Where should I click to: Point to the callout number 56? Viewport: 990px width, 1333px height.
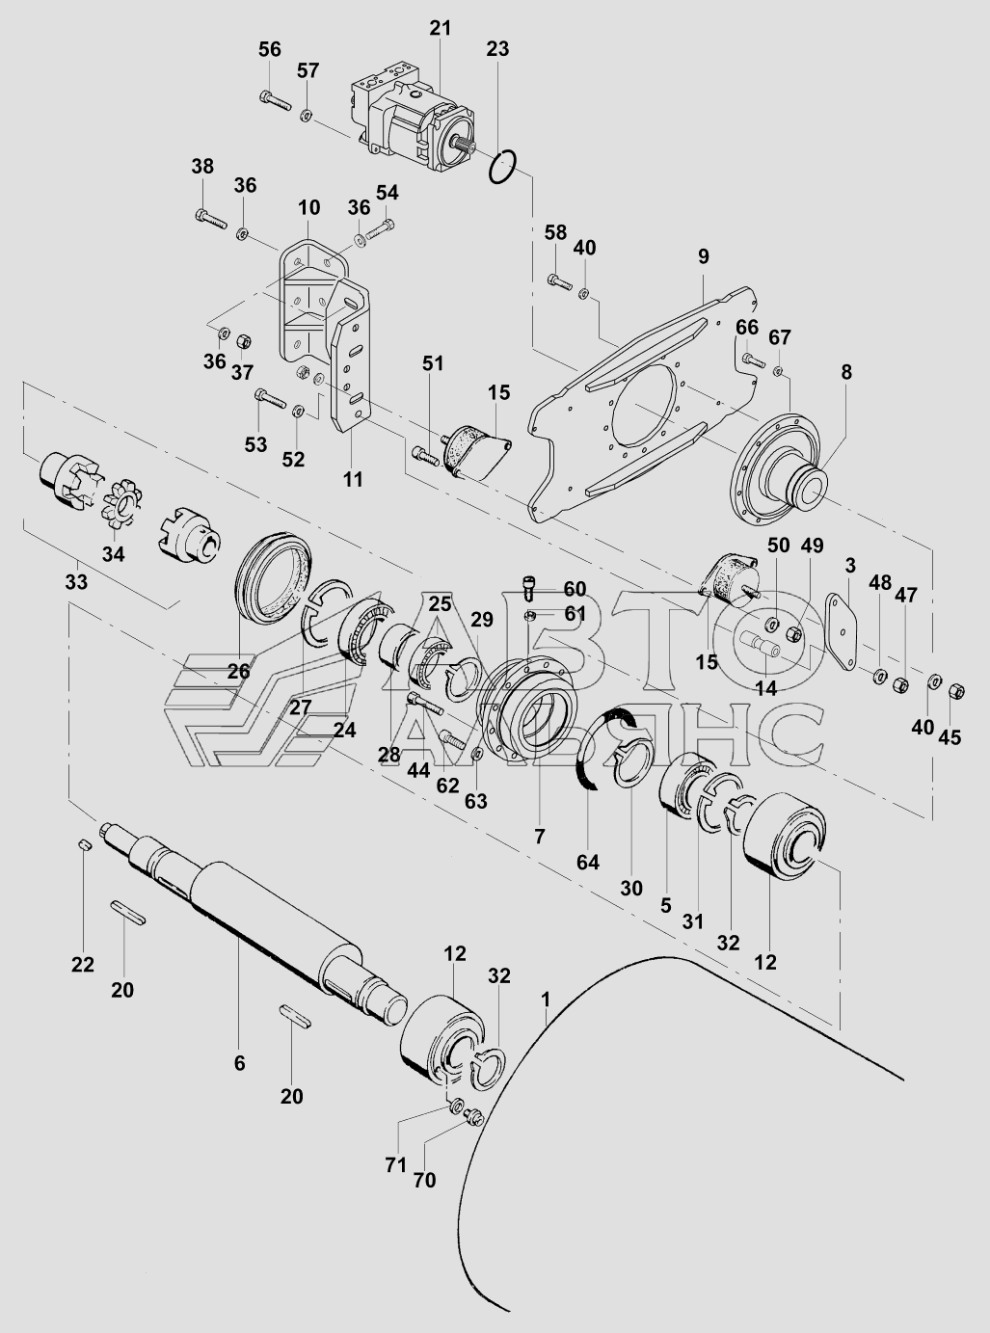pos(270,49)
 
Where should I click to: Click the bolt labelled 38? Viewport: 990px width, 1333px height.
pos(211,218)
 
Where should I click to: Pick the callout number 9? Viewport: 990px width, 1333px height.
pos(704,256)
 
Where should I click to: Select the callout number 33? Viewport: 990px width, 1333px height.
pos(76,582)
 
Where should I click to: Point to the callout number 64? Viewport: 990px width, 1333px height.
pos(588,863)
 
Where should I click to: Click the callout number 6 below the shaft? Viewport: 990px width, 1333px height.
pos(239,1064)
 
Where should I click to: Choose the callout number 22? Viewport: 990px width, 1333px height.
pos(82,965)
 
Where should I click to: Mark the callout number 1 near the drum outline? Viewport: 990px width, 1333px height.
pos(546,1000)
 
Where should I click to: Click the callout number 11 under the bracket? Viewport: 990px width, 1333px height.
pos(353,480)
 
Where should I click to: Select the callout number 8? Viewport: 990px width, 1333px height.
pos(846,372)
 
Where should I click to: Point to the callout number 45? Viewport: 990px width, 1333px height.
pos(950,736)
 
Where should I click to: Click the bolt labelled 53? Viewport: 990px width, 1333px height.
pos(270,398)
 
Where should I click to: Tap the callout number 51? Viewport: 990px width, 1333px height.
pos(432,363)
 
